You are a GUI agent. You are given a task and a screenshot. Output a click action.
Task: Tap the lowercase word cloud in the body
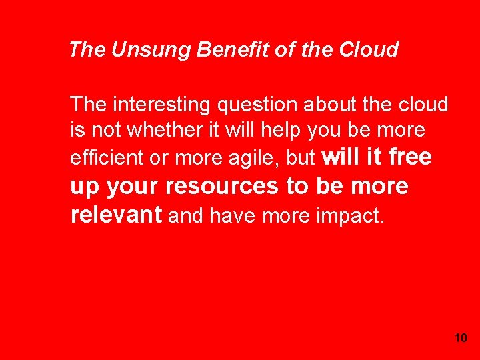(423, 105)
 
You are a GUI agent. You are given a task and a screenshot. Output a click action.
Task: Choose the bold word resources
(223, 187)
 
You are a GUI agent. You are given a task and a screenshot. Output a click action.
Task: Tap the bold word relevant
(116, 214)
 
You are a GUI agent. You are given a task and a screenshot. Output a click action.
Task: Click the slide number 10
(460, 338)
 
